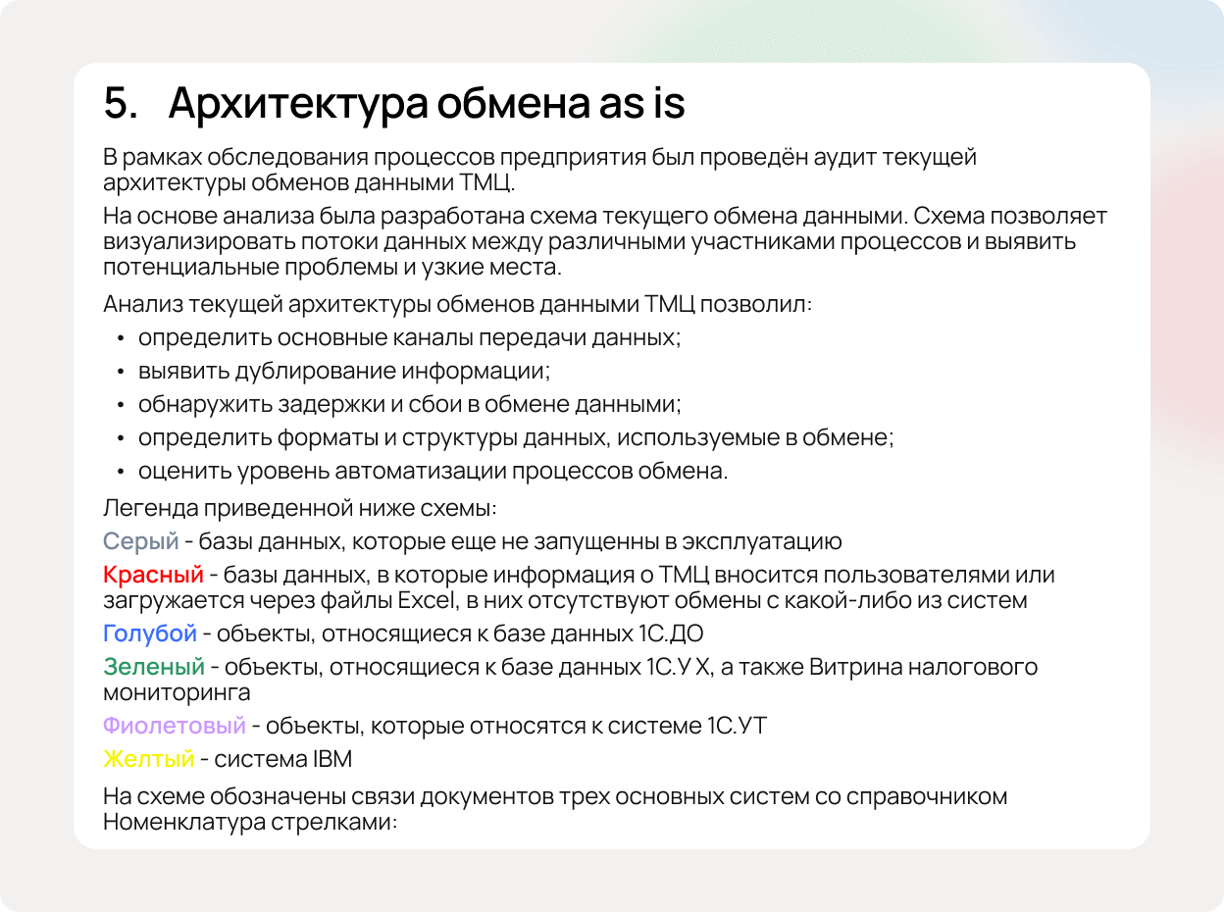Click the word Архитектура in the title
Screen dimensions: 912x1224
pos(294,104)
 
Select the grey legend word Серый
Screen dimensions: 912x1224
pos(140,540)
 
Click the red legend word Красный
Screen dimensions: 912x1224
pos(152,574)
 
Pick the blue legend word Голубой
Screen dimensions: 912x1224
pos(149,633)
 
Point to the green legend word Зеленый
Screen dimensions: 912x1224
pos(153,667)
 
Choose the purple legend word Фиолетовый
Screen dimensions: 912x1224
pos(174,726)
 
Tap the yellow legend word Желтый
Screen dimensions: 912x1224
pos(148,759)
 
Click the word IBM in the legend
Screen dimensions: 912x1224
pos(332,759)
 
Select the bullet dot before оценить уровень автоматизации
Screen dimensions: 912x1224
pos(120,471)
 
